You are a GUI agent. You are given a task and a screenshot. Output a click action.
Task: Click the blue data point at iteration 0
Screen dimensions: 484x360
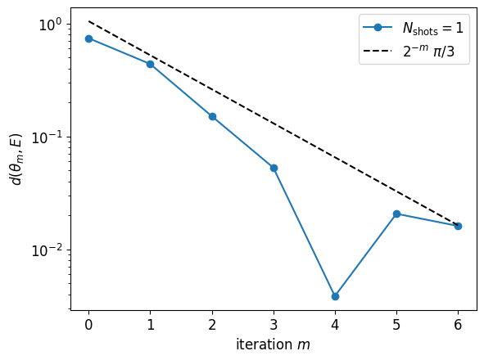89,39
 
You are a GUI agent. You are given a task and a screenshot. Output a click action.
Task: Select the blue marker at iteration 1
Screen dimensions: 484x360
151,64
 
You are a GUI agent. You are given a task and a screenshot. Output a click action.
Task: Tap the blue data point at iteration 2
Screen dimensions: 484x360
212,117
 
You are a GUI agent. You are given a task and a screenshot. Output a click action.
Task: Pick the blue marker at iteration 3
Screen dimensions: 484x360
274,168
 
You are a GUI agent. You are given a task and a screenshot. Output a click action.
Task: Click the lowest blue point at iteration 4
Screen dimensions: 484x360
335,296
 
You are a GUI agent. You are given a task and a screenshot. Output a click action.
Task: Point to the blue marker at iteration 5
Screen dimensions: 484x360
396,214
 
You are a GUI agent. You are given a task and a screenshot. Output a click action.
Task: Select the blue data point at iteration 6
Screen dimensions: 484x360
458,226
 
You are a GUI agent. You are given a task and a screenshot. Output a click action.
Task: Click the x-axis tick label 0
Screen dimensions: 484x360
89,325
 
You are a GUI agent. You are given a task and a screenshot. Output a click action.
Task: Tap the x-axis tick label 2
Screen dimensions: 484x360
212,325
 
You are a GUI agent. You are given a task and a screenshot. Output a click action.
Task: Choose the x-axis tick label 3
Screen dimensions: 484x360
274,325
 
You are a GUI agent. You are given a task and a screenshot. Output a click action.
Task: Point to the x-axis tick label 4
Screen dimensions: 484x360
335,325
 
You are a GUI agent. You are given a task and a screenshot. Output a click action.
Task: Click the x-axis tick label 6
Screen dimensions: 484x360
458,325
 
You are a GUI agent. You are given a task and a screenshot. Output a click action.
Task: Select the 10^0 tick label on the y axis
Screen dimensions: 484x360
50,25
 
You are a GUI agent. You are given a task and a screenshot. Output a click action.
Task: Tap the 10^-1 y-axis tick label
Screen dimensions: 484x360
47,138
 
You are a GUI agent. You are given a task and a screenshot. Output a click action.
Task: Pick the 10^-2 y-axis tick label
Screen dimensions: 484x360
47,251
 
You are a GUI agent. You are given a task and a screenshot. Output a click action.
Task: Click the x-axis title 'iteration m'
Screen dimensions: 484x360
274,344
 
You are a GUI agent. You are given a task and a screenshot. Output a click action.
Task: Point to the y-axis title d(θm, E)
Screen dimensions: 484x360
16,160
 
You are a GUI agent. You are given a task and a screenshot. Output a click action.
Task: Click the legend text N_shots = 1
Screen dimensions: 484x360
433,28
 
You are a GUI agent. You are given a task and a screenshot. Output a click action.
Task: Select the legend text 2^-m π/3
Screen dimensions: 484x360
429,51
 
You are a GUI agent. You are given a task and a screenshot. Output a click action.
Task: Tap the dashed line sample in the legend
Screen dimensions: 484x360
378,51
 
